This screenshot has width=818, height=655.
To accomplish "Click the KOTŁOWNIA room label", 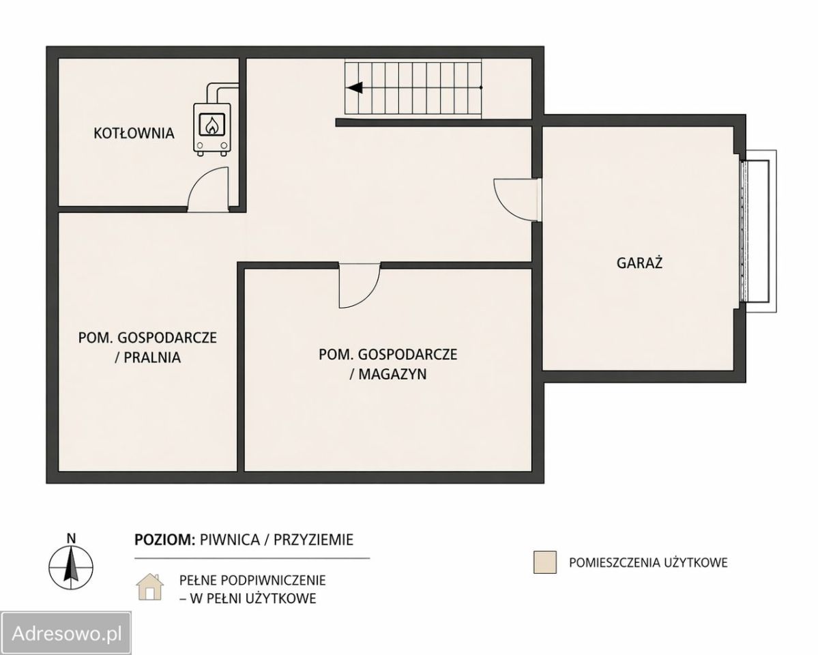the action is click(134, 133).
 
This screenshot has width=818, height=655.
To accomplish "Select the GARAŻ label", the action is click(639, 263).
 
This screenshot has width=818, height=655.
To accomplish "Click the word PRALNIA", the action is click(152, 358).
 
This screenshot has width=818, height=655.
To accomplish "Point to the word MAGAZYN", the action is click(392, 374).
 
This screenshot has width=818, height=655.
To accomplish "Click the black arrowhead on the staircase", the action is click(355, 88).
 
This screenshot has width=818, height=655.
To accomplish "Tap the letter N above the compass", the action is click(72, 538).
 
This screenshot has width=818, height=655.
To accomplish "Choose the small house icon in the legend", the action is click(149, 587).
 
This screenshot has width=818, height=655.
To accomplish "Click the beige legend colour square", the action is click(544, 562).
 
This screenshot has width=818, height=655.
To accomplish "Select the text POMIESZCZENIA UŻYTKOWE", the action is click(648, 563).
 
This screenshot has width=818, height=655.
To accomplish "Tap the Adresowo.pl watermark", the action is click(66, 634).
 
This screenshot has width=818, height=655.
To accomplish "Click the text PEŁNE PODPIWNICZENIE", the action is click(252, 580).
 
